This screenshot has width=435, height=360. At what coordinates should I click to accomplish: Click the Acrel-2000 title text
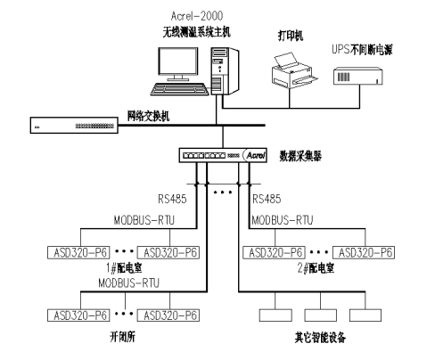click(x=197, y=16)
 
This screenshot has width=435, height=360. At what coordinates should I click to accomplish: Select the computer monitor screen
click(x=177, y=61)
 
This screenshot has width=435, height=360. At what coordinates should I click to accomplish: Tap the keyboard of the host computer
click(x=180, y=89)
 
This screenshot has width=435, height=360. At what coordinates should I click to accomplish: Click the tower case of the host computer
click(x=225, y=71)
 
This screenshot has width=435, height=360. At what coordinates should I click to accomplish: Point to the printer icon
click(x=294, y=70)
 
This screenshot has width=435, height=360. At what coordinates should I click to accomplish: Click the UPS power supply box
click(x=357, y=77)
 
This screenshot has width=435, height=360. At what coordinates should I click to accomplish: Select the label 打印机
click(x=291, y=36)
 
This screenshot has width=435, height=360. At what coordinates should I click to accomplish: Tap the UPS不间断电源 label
click(x=362, y=50)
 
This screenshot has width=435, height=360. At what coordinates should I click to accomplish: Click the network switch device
click(x=74, y=125)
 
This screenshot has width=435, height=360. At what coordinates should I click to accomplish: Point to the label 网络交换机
click(x=148, y=116)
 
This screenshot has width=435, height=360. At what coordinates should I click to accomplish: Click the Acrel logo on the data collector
click(x=255, y=155)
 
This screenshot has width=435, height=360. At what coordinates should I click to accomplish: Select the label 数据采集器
click(x=300, y=156)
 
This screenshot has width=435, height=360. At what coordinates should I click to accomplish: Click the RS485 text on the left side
click(x=172, y=199)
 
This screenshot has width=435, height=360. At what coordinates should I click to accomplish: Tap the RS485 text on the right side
click(x=267, y=199)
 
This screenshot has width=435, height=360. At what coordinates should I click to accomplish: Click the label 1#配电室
click(x=124, y=268)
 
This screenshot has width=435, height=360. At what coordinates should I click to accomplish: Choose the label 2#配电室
click(x=316, y=268)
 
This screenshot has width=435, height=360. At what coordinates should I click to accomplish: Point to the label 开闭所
click(x=123, y=337)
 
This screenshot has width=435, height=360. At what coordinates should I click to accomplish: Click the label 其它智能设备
click(x=320, y=338)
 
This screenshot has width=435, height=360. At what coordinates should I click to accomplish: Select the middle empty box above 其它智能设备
click(x=321, y=315)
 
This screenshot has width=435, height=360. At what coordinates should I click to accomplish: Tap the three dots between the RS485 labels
click(x=223, y=192)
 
